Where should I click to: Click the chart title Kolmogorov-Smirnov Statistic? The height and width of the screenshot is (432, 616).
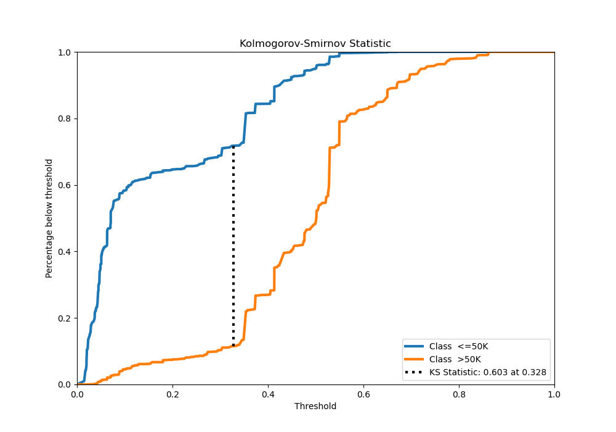[x=315, y=44]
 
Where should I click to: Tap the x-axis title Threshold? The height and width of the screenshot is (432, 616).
[x=315, y=406]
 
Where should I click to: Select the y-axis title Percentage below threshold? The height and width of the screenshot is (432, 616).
[x=49, y=218]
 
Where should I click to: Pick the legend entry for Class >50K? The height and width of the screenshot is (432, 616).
[x=455, y=359]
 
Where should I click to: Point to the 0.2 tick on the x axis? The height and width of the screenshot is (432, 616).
[x=172, y=393]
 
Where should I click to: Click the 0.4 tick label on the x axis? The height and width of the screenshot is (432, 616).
[x=268, y=393]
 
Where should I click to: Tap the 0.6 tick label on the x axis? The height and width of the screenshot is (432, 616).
[x=363, y=393]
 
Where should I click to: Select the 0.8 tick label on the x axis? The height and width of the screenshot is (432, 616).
[x=459, y=393]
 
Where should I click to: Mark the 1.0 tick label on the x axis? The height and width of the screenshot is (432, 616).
[x=554, y=393]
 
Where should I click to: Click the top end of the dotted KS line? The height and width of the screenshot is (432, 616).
[x=233, y=146]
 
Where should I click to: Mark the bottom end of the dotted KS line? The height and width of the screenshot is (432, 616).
[x=233, y=346]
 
